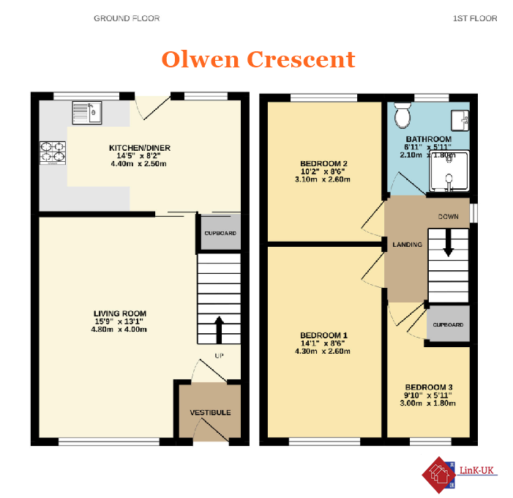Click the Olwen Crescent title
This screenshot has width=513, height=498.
[x=258, y=59]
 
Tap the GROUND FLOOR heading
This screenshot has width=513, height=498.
[x=127, y=18]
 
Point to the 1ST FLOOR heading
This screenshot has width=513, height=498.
[x=475, y=18]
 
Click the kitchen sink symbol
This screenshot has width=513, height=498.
[x=87, y=113]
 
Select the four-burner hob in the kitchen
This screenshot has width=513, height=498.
[x=53, y=152]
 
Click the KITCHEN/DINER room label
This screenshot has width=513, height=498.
[x=140, y=148]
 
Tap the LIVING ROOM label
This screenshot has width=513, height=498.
[x=120, y=313]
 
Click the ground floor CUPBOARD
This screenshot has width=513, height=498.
[x=220, y=233]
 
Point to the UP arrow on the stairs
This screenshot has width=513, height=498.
[x=219, y=330]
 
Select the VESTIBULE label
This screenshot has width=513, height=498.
[x=210, y=412]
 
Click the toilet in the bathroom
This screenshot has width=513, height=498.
[x=402, y=115]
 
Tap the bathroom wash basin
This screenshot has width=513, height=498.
[x=460, y=120]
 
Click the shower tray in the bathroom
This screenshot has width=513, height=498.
[x=449, y=171]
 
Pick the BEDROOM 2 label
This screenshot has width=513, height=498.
[x=324, y=163]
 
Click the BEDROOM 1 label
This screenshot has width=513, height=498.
[x=324, y=335]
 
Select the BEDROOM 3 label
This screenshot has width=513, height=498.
[x=429, y=387]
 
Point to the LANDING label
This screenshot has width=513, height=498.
[x=408, y=245]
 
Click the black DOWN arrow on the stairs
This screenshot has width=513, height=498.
[x=448, y=242]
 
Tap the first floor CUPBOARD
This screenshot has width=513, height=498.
[x=448, y=324]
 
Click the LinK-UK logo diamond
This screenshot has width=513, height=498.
[x=439, y=475]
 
